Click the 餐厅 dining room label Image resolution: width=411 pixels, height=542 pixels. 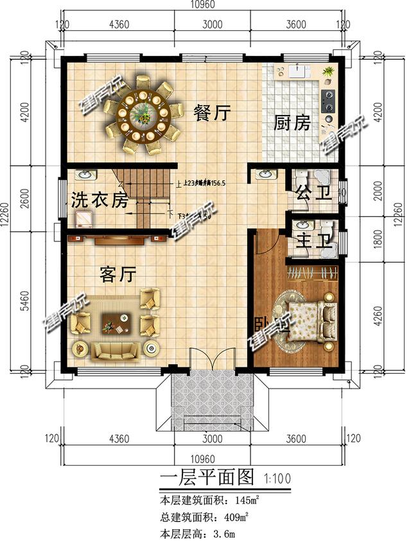click(213, 114)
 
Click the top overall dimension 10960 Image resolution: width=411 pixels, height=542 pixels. click(203, 6)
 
